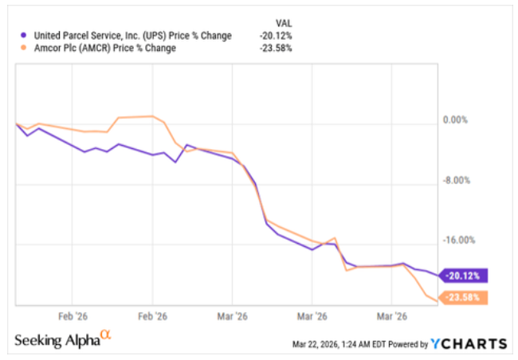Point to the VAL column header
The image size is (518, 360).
[x=281, y=23]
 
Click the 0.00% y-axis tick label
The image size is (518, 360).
[x=453, y=120]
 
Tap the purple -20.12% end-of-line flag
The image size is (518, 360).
[x=462, y=276]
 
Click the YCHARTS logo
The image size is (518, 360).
[x=469, y=343]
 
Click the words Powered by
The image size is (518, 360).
[x=404, y=344]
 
